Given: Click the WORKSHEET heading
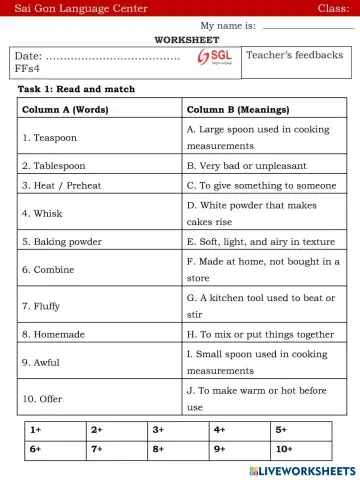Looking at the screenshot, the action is pyautogui.click(x=179, y=39).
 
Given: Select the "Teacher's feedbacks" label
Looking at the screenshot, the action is pyautogui.click(x=294, y=56).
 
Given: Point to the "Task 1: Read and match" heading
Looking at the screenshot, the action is pyautogui.click(x=76, y=89).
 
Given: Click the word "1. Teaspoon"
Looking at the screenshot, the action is pyautogui.click(x=49, y=137).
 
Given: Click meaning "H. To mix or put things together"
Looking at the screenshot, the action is pyautogui.click(x=260, y=334).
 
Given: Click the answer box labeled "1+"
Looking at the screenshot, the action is pyautogui.click(x=55, y=429).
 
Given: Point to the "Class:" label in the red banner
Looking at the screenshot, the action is pyautogui.click(x=333, y=8).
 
